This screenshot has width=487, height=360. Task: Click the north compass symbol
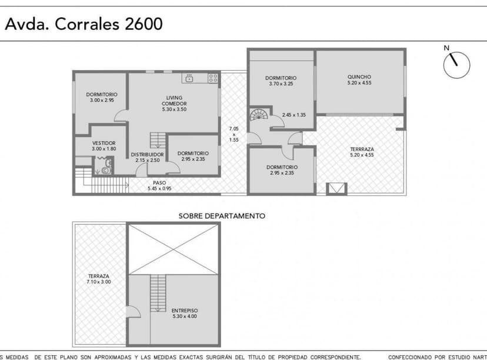point(456,64)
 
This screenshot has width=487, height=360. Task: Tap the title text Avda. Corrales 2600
point(84,24)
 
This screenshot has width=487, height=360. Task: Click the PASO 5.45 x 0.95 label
point(159,185)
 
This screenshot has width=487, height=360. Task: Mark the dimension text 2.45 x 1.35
point(293,115)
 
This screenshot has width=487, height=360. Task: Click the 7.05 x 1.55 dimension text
point(234,134)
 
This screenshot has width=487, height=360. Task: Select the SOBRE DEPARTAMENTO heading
point(222,216)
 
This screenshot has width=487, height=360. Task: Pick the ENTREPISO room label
point(185,313)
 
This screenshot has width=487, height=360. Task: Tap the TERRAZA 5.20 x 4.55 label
point(362,152)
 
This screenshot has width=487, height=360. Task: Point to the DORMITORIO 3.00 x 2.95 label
point(102,97)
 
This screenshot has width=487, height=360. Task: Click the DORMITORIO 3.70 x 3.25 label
point(281,81)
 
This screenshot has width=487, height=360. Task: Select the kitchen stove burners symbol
point(214,77)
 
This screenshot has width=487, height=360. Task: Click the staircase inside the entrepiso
point(157,293)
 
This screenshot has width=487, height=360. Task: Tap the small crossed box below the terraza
point(337,189)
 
